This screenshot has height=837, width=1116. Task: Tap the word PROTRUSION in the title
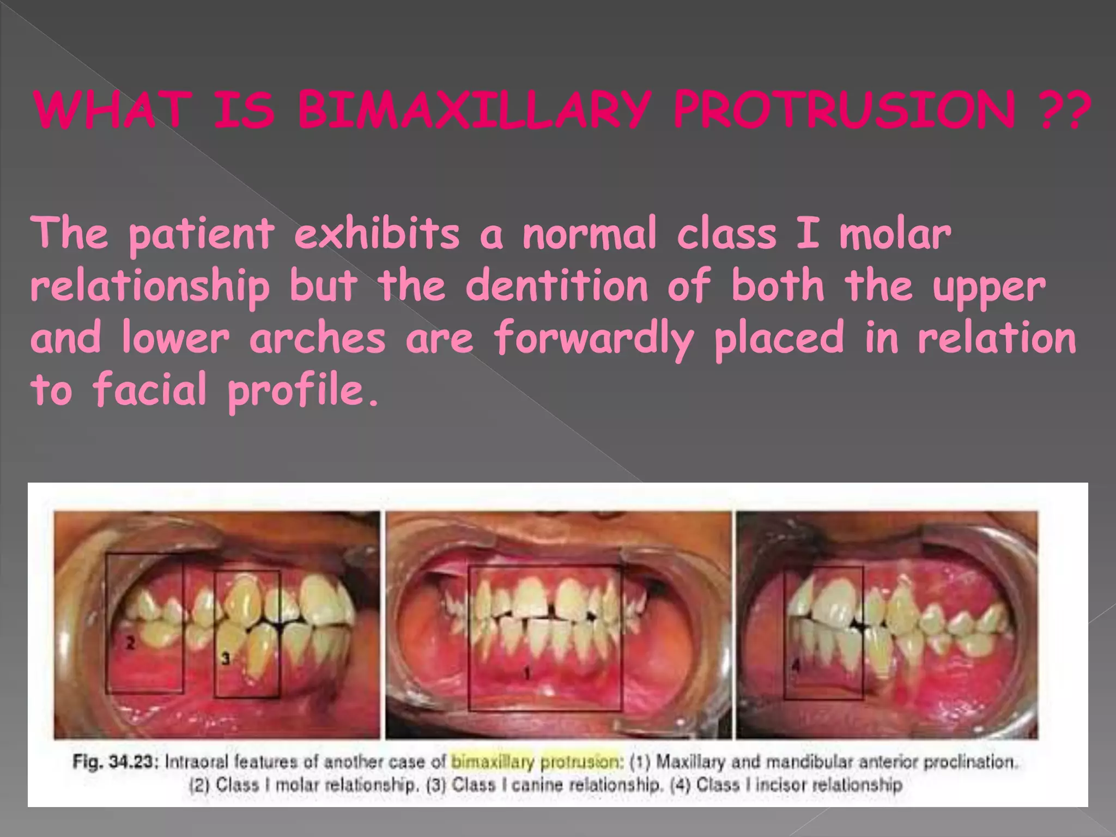[x=844, y=110]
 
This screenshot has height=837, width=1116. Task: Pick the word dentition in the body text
[x=556, y=286]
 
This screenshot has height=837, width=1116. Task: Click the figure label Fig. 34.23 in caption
[x=115, y=761]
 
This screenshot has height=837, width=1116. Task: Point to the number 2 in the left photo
[x=130, y=643]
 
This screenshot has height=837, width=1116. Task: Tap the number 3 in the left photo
[x=226, y=659]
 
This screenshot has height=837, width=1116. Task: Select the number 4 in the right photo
[x=796, y=666]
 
